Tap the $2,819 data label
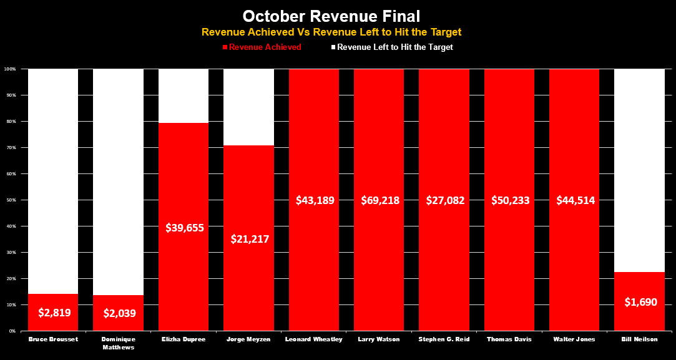click(53, 313)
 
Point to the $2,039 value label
click(118, 313)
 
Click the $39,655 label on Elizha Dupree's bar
click(184, 228)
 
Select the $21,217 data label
click(248, 239)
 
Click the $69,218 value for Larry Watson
click(379, 200)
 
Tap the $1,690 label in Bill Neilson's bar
click(639, 302)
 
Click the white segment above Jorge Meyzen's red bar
click(248, 106)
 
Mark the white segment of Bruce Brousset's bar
click(53, 181)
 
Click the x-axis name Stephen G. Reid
click(444, 339)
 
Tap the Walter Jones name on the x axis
click(574, 339)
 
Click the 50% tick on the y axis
click(12, 200)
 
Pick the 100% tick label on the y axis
click(11, 69)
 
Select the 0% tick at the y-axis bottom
click(13, 331)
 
